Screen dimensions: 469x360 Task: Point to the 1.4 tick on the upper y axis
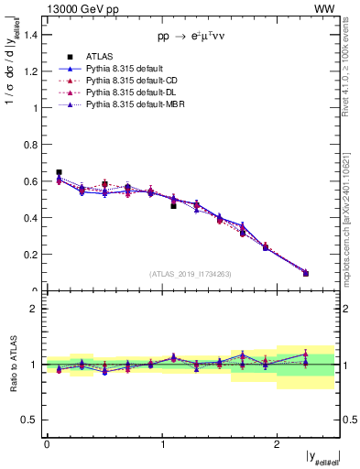pos(32,35)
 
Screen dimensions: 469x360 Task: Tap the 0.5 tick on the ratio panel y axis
pos(32,420)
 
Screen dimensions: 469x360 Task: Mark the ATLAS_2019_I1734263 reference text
pos(191,274)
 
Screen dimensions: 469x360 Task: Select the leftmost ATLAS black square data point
pos(59,172)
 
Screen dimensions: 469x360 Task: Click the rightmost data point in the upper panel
pos(306,273)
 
